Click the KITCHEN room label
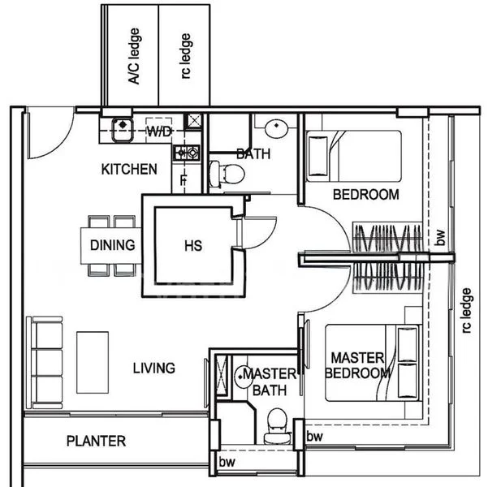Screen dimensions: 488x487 [x=129, y=170]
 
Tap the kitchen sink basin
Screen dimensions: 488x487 [x=123, y=129]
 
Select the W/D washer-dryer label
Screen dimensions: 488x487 [x=159, y=131]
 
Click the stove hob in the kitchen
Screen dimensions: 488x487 [x=187, y=153]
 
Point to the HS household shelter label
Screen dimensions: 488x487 [x=193, y=245]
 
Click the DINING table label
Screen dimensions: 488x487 [x=113, y=245]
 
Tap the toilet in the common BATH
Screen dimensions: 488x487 [x=227, y=175]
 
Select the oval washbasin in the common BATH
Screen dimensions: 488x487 [x=276, y=128]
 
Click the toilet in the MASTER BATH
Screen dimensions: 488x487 [x=277, y=425]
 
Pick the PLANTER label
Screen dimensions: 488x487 [x=96, y=441]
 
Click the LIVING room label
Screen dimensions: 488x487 [x=154, y=368]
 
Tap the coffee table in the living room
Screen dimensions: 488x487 [x=93, y=362]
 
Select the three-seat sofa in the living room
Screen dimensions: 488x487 [x=45, y=363]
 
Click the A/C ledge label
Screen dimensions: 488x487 [x=134, y=56]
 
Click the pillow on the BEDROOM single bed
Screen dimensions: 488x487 [x=317, y=156]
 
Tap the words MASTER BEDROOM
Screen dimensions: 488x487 [x=357, y=365]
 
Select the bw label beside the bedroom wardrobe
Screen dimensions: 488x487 [x=440, y=238]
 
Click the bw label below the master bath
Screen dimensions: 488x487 [x=227, y=462]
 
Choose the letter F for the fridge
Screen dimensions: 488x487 [x=184, y=180]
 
